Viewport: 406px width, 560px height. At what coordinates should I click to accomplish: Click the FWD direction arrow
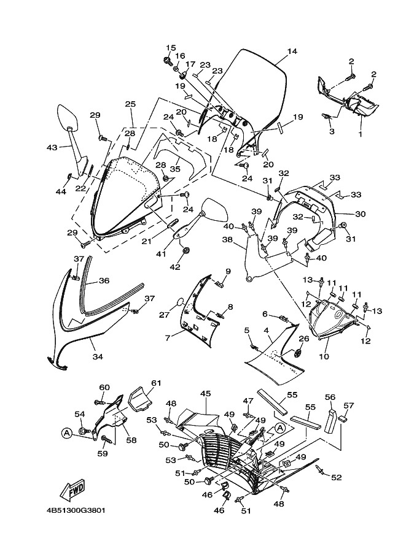(72, 490)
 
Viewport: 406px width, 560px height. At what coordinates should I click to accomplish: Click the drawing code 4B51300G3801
(74, 510)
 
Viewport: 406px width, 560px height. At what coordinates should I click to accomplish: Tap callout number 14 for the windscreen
(292, 52)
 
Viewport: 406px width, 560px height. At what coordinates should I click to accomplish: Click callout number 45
(205, 393)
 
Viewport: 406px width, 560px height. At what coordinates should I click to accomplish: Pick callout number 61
(155, 383)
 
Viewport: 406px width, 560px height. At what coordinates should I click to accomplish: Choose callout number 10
(324, 356)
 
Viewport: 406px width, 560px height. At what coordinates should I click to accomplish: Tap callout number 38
(227, 240)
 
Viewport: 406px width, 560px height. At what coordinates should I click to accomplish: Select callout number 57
(349, 405)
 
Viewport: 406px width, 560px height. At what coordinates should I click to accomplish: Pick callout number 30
(361, 213)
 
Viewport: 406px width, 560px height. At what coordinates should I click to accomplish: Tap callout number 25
(130, 104)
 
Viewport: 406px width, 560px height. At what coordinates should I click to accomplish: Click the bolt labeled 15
(167, 60)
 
